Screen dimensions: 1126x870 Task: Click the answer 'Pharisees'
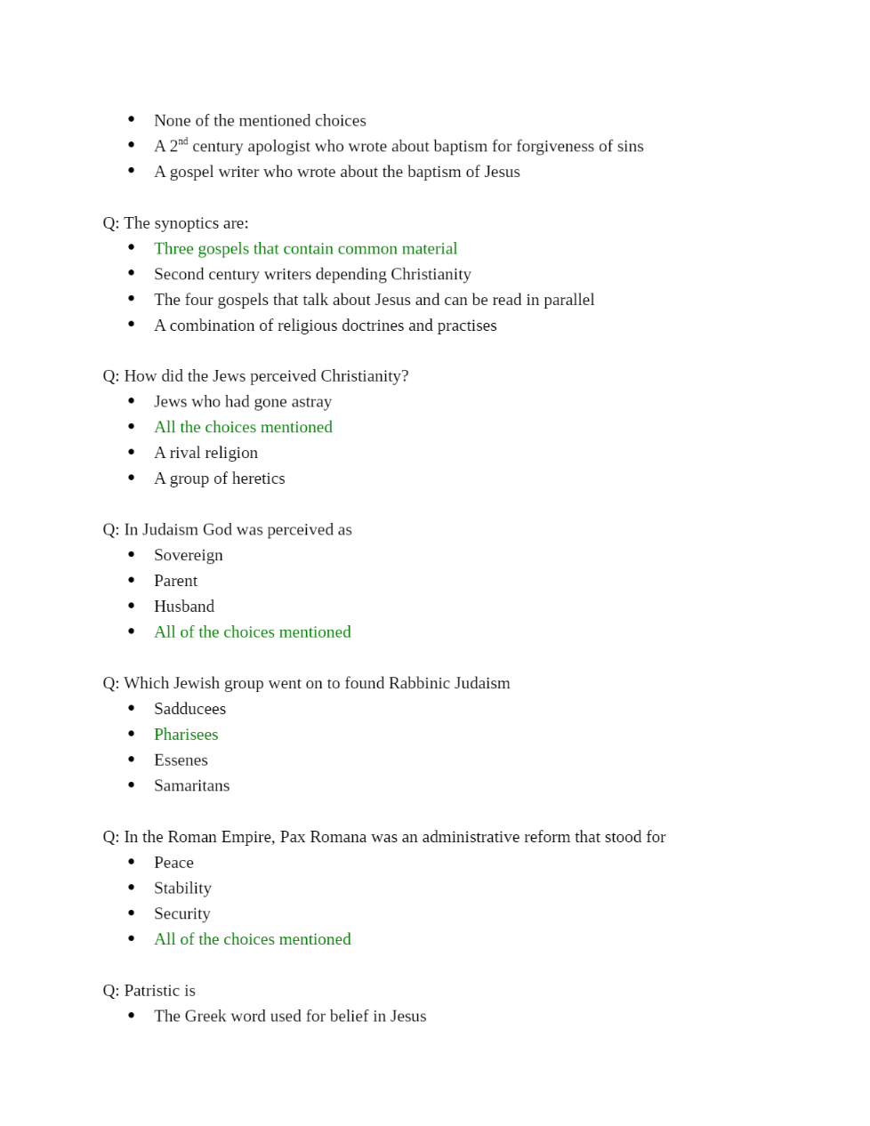coord(186,735)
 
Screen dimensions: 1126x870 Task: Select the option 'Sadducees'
coord(189,709)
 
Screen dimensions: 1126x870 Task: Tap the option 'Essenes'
coord(181,760)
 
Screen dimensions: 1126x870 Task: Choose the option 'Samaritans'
coord(191,786)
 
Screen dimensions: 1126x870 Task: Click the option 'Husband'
coord(184,607)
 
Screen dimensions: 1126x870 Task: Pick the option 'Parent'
coord(175,581)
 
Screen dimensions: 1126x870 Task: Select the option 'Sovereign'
coord(188,555)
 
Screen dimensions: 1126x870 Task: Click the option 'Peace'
coord(173,863)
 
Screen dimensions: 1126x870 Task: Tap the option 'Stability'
coord(182,889)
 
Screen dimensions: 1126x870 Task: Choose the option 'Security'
coord(181,913)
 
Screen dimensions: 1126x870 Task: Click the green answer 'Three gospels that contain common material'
coord(305,249)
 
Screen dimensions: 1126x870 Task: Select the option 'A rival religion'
coord(205,453)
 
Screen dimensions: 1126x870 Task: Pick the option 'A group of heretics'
coord(219,479)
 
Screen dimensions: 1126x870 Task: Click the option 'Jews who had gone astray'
coord(242,402)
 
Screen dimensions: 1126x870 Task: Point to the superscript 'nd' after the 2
coord(182,141)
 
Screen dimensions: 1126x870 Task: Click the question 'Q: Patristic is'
coord(149,991)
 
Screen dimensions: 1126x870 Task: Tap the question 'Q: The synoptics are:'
coord(175,223)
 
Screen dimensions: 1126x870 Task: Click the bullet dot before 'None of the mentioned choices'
coord(132,119)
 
